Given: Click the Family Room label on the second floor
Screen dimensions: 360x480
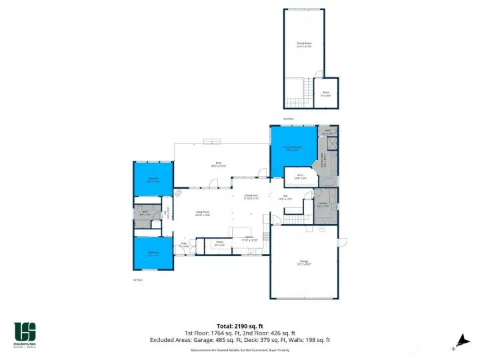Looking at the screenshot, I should click(304, 45).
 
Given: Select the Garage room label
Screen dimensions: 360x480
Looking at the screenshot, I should click(303, 263).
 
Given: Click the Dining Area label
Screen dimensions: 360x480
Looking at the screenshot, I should click(251, 197).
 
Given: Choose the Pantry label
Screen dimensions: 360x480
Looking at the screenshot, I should click(219, 243).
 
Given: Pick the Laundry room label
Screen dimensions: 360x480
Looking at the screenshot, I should click(322, 205).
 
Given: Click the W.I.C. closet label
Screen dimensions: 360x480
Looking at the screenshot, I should click(300, 177).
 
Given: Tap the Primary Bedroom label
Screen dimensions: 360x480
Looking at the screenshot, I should click(293, 149).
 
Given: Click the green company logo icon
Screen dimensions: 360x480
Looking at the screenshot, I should click(25, 331).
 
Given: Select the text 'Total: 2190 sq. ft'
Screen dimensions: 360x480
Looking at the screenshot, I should click(239, 325).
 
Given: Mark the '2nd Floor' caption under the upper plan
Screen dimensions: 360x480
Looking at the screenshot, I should click(288, 119).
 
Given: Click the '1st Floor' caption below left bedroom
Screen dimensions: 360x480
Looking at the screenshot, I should click(139, 280).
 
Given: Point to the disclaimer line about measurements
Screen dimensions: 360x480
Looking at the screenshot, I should click(239, 349).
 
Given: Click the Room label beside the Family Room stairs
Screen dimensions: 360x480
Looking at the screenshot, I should click(325, 94).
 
